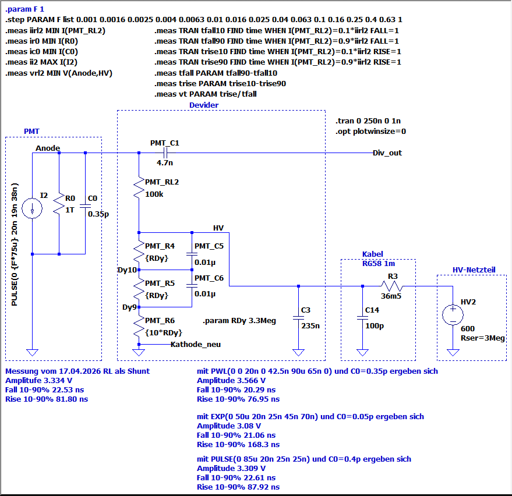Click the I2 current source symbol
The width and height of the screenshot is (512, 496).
pyautogui.click(x=32, y=208)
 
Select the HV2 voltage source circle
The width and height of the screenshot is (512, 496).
pyautogui.click(x=453, y=315)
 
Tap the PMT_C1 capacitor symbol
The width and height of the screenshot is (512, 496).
pyautogui.click(x=165, y=153)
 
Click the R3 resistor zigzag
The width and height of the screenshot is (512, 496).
pyautogui.click(x=392, y=286)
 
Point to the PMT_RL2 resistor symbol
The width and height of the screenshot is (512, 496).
pyautogui.click(x=139, y=188)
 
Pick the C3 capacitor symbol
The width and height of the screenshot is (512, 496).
pyautogui.click(x=298, y=317)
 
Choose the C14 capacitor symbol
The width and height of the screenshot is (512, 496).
pyautogui.click(x=362, y=317)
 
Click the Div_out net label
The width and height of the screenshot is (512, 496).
pyautogui.click(x=387, y=153)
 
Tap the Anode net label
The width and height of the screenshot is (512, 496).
pyautogui.click(x=48, y=148)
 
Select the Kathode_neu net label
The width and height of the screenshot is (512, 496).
pyautogui.click(x=196, y=344)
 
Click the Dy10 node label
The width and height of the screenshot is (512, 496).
pyautogui.click(x=127, y=270)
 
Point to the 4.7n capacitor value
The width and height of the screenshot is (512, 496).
pyautogui.click(x=165, y=162)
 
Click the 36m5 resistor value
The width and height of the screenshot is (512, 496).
pyautogui.click(x=391, y=296)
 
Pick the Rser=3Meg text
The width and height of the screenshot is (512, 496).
pyautogui.click(x=483, y=338)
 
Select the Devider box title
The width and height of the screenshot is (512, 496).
pyautogui.click(x=204, y=105)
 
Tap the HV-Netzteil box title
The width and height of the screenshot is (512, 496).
pyautogui.click(x=474, y=270)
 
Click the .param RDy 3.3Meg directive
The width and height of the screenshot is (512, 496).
pyautogui.click(x=239, y=321)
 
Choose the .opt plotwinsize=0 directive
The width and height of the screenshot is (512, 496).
pyautogui.click(x=370, y=131)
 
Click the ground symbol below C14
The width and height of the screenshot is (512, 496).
pyautogui.click(x=362, y=352)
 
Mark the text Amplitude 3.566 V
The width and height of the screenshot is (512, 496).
pyautogui.click(x=231, y=381)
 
